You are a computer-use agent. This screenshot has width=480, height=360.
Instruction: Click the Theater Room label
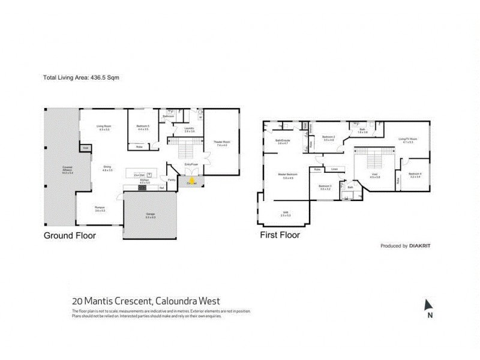coord(222,143)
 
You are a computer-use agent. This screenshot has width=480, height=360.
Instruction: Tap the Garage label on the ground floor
coord(151,215)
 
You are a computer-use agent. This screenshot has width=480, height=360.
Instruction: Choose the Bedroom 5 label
coord(142,127)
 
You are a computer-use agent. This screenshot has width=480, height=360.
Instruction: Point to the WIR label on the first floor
coord(286,212)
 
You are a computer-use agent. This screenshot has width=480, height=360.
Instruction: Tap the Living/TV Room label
coord(409,140)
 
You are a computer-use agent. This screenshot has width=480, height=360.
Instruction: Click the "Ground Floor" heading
coord(70,235)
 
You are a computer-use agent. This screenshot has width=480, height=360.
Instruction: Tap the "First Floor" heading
coord(279,235)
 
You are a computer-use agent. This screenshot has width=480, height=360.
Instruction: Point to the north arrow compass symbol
coord(428,307)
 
